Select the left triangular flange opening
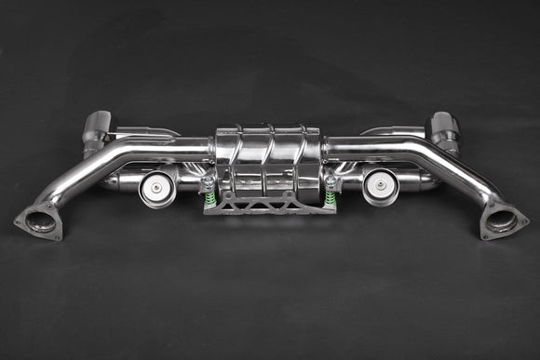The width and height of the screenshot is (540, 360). [x=40, y=220]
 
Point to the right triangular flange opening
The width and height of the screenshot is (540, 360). [x=502, y=220]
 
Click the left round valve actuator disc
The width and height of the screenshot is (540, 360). [x=158, y=186]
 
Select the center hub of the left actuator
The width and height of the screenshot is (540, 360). [x=158, y=186]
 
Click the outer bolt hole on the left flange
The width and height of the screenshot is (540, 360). [x=20, y=221]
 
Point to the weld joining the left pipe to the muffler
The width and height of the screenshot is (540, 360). [x=215, y=146]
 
